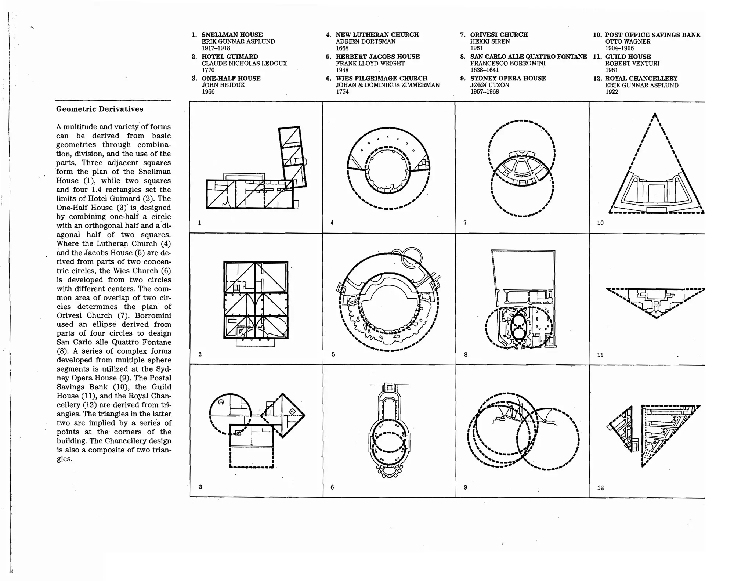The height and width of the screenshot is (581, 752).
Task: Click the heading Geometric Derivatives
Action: coord(100,109)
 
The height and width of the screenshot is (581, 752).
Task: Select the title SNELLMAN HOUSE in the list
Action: coord(232,35)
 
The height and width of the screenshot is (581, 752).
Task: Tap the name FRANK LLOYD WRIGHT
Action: coord(370,64)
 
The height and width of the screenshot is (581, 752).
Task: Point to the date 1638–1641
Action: coord(484,70)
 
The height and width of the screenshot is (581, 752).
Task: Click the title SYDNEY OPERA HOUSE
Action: coord(508,79)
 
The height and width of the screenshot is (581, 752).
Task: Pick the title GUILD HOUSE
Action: coord(628,57)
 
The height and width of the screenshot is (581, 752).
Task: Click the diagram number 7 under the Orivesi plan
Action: coord(465,223)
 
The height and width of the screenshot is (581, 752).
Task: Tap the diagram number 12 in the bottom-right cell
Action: coord(600,488)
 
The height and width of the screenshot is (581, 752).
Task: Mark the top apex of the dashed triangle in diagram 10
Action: coord(655,114)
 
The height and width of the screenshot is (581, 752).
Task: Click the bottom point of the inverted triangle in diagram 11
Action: coord(656,317)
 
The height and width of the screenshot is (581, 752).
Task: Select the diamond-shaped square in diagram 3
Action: coord(283,415)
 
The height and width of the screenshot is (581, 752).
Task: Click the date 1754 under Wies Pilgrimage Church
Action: coord(342,92)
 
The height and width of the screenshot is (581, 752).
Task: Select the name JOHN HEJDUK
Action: coord(223,85)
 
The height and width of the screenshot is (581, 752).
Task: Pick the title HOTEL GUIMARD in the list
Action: coord(230,57)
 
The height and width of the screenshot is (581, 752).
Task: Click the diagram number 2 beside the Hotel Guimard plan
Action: coord(200,354)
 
